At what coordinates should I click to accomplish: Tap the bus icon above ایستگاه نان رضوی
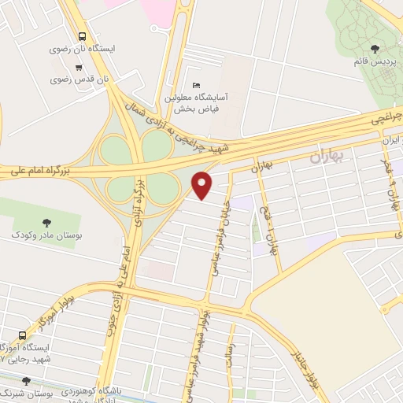[x=83, y=35]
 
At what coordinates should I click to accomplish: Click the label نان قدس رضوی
[x=72, y=79]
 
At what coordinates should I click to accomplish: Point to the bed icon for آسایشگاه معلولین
[x=196, y=85]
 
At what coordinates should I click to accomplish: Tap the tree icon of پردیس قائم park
[x=384, y=49]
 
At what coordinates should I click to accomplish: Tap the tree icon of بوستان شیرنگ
[x=27, y=380]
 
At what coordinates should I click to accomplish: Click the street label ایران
[x=386, y=141]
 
